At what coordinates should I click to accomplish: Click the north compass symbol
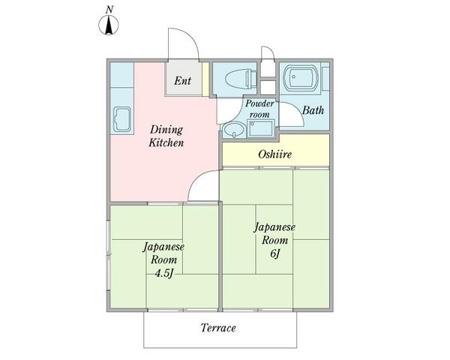point(109,27)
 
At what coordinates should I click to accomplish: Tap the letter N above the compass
point(109,9)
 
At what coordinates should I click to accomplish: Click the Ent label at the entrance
point(183,81)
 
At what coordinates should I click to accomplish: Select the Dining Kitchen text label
point(166,136)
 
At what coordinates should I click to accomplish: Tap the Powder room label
point(259,108)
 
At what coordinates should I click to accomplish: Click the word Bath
point(313,111)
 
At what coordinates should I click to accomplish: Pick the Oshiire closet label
point(274,154)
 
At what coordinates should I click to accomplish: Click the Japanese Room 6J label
point(274,240)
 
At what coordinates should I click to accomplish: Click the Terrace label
point(218,328)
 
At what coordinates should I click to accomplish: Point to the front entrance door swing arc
point(184,43)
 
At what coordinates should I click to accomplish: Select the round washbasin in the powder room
point(235,130)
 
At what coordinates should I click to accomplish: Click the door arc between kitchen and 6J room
point(203,187)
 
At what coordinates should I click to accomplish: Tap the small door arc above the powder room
point(268,57)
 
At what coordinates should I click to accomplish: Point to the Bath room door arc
point(291,117)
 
